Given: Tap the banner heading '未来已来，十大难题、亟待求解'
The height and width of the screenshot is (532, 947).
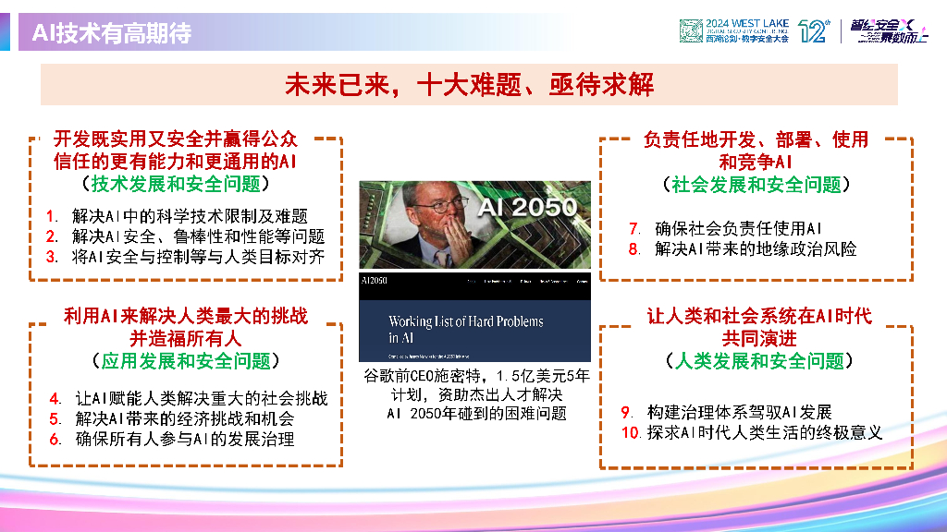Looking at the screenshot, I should click(x=469, y=85).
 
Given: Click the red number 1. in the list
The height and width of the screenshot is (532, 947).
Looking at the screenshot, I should click(x=54, y=216).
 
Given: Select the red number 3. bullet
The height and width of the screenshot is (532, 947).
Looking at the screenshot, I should click(x=53, y=257).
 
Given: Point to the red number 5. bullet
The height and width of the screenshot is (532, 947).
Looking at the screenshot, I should click(x=55, y=419).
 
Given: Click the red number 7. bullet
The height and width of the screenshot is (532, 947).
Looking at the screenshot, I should click(x=634, y=228).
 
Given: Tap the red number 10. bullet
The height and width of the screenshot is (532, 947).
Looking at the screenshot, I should click(x=631, y=432).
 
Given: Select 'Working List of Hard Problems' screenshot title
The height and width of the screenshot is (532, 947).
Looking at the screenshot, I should click(x=465, y=322).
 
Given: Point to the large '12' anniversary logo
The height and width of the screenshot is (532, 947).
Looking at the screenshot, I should click(x=810, y=31).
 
